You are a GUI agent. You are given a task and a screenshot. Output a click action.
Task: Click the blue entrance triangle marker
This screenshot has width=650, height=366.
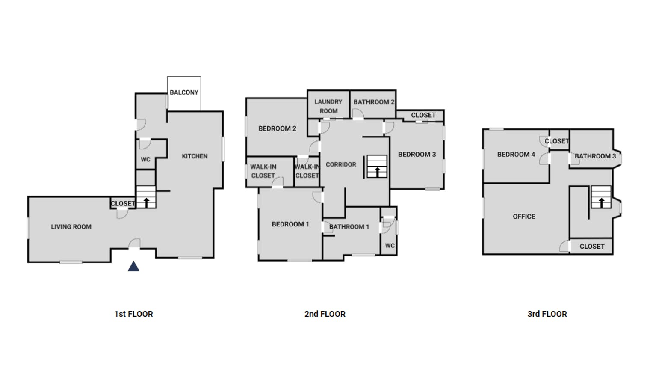click(133, 266)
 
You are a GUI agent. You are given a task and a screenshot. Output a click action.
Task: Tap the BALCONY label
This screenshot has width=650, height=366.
click(184, 92)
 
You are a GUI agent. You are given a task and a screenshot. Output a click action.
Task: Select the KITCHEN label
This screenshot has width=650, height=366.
click(195, 156)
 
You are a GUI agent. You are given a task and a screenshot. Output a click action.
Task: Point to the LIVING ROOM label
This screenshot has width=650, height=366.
click(71, 227)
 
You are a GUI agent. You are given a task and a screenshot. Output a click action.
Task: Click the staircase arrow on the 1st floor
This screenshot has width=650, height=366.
click(146, 203)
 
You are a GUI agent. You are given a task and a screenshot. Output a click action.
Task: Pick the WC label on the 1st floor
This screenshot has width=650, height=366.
click(145, 160)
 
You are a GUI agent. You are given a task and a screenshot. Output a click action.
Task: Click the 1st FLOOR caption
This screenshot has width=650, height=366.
click(133, 314)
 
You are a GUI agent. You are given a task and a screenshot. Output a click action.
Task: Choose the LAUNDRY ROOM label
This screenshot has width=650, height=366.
click(328, 106)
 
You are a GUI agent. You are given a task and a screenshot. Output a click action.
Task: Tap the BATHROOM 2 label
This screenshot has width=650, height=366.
click(374, 102)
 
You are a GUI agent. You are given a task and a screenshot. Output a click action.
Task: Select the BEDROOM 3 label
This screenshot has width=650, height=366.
click(417, 155)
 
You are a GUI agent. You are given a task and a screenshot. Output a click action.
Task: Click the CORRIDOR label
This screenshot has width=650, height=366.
click(341, 165)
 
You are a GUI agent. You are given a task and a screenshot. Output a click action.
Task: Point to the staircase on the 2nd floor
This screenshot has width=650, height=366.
click(377, 166)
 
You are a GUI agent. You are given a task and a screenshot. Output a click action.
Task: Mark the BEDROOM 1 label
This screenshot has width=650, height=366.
click(290, 224)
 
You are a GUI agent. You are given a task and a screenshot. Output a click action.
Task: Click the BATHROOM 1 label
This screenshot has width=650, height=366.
click(349, 227)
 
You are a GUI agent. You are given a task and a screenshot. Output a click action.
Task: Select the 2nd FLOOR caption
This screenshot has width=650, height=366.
click(325, 314)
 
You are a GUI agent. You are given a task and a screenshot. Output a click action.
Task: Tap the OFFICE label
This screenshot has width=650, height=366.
click(524, 217)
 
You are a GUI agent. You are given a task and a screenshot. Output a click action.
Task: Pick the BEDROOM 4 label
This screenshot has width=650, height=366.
click(516, 155)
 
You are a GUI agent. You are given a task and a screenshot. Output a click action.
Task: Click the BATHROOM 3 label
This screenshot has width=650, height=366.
click(595, 156)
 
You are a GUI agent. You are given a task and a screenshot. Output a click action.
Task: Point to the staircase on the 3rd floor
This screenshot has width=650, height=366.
click(601, 197)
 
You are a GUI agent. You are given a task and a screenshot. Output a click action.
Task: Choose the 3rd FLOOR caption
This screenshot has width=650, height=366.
click(547, 314)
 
